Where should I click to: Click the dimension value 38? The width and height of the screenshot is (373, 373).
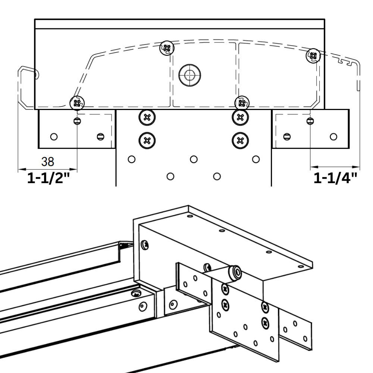pos(47,162)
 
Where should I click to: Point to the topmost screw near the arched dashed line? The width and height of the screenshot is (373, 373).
pos(167,48)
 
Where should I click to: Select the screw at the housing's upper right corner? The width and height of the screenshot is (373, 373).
pos(313,56)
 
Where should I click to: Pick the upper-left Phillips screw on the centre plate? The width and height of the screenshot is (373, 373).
pos(147,117)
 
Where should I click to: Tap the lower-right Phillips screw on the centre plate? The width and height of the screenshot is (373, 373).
pos(240,140)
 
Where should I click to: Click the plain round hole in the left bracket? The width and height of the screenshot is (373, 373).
pos(54,137)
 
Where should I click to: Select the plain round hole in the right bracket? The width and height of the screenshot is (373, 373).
pos(333,137)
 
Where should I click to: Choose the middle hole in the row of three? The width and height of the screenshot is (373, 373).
pos(193,159)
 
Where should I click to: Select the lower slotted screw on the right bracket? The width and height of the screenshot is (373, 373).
pos(286,137)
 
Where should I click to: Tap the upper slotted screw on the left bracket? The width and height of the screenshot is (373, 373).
pos(77,120)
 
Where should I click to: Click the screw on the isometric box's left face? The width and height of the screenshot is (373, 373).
pos(145,245)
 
